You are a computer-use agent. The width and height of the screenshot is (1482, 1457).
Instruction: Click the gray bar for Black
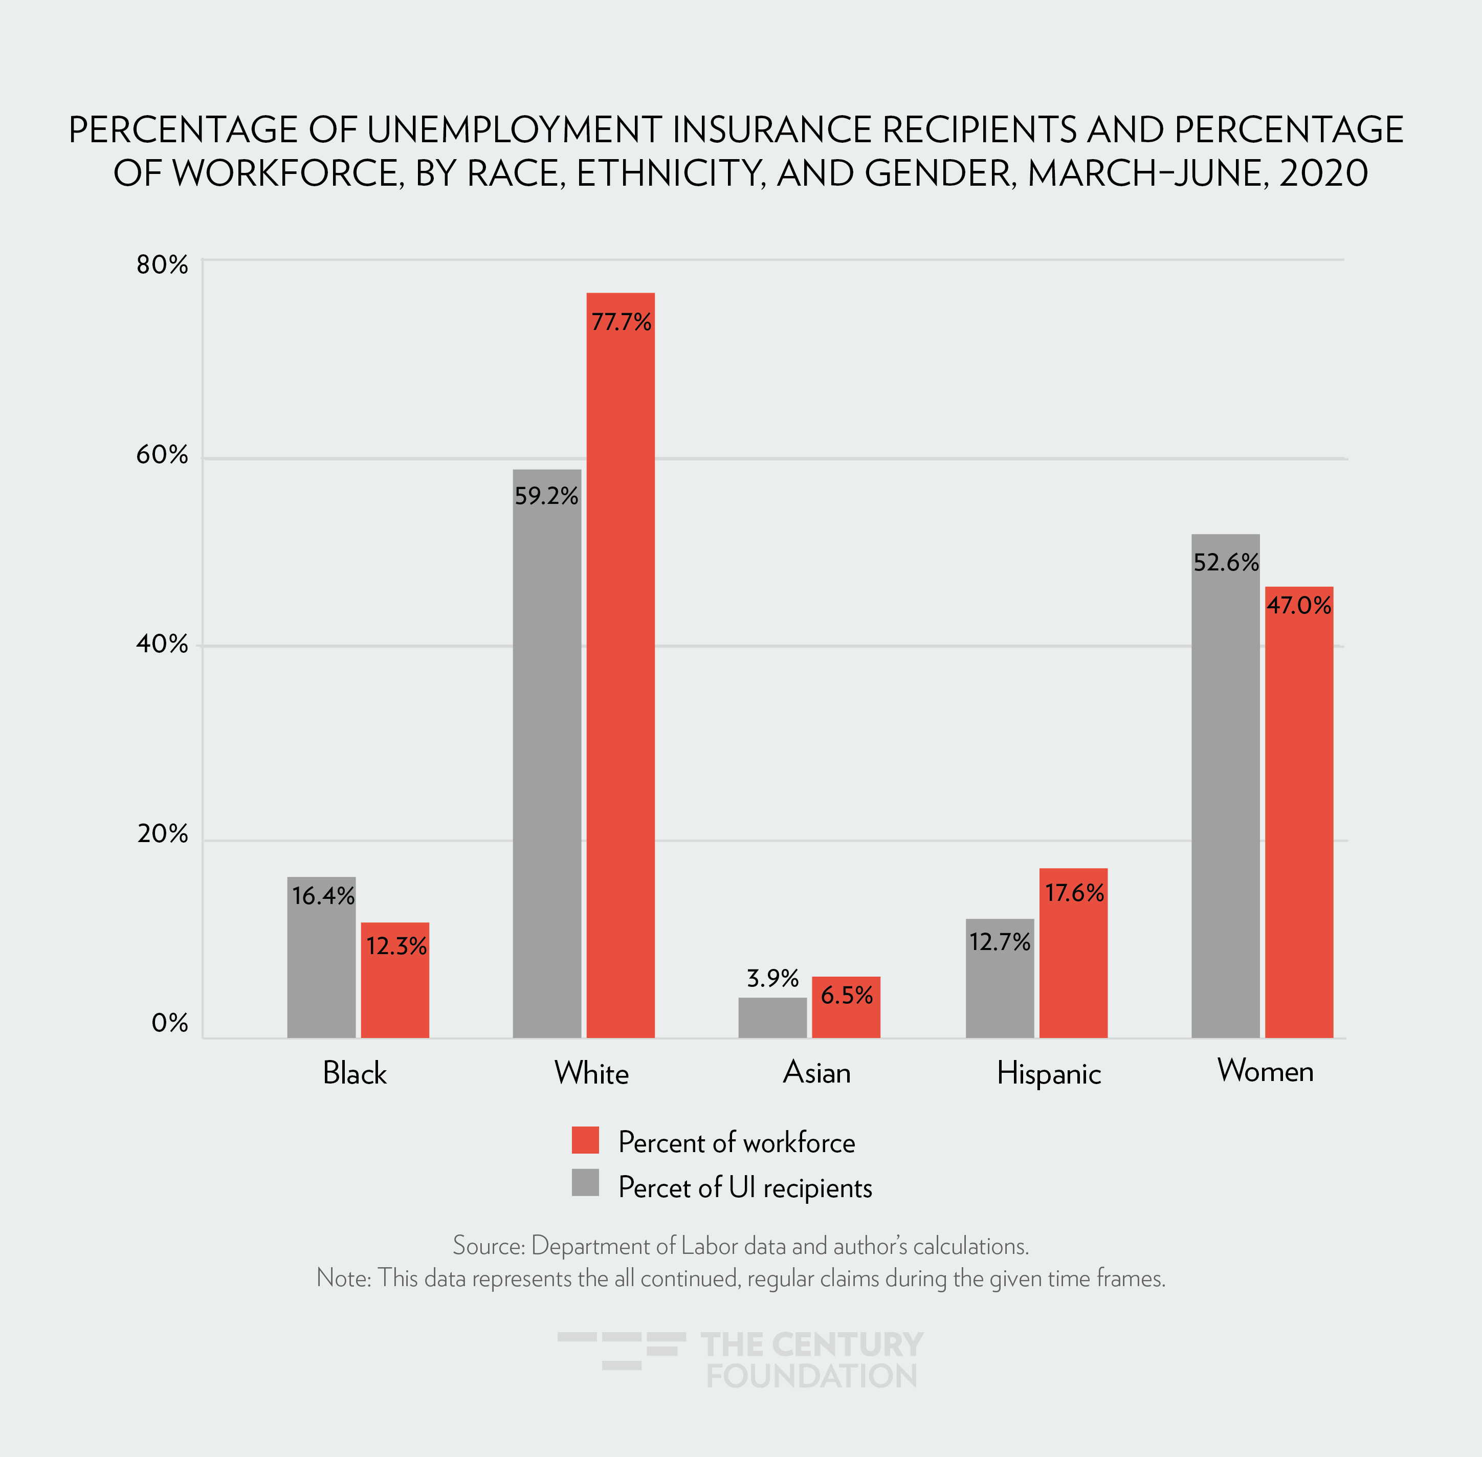(321, 964)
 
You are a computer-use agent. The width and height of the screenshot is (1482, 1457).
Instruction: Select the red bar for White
(621, 673)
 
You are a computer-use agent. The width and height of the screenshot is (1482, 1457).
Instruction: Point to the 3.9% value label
(772, 978)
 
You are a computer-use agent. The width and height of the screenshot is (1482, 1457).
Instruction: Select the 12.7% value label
(999, 941)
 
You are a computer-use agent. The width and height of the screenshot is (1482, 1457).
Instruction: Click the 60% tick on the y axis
(162, 455)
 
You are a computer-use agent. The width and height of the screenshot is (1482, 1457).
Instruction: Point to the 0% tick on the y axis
(170, 1023)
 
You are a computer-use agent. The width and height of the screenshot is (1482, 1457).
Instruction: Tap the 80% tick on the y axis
(162, 265)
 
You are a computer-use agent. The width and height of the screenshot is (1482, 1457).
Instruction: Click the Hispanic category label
(1048, 1074)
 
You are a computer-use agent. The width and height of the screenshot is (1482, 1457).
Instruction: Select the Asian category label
(816, 1072)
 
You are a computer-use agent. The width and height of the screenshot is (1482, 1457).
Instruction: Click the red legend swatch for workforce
(585, 1140)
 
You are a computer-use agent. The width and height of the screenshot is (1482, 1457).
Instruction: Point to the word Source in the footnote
(488, 1245)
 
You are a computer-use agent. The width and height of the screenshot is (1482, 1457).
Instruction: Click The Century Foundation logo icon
(621, 1350)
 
